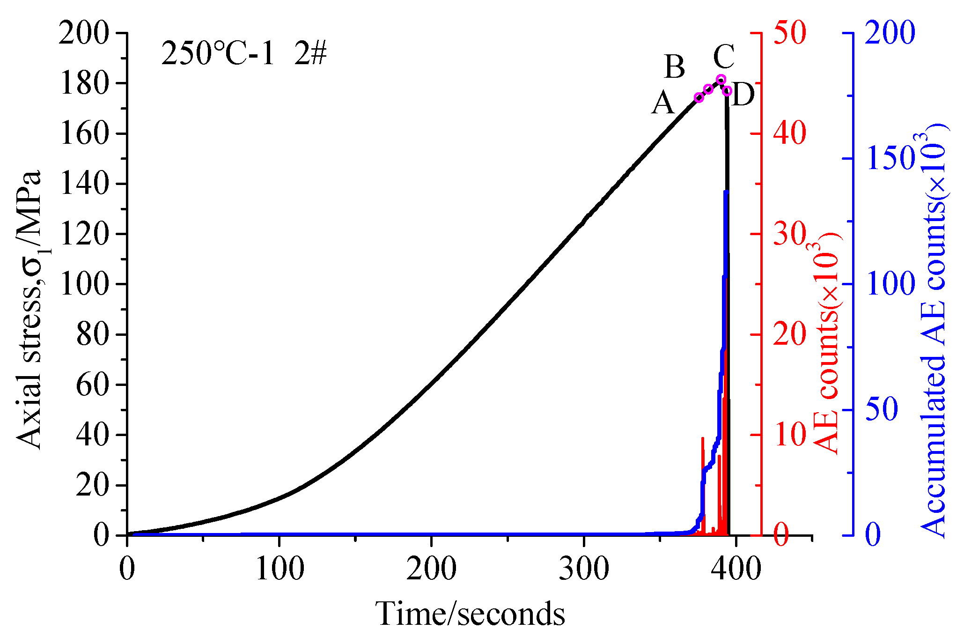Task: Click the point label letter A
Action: (663, 104)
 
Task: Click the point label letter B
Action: (675, 67)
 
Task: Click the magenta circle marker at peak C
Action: (721, 79)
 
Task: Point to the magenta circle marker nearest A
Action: (699, 97)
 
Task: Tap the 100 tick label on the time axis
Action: (280, 570)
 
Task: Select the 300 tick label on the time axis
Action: (584, 570)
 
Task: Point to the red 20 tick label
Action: (789, 334)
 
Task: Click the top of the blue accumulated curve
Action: (726, 192)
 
